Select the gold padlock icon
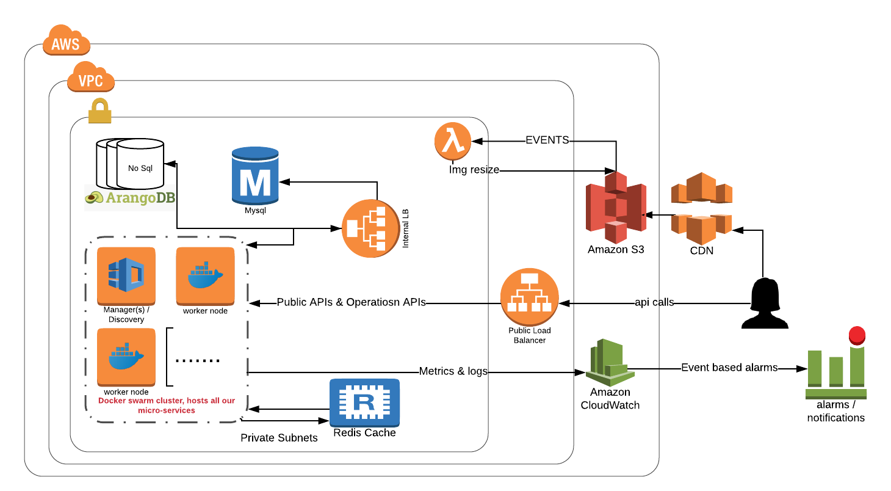(100, 111)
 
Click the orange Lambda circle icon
(453, 141)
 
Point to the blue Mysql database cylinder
(255, 175)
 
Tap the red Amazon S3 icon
(616, 208)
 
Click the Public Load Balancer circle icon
(530, 297)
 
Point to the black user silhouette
(763, 304)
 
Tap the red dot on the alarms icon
(857, 335)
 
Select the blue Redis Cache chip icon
(364, 402)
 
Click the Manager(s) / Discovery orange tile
(126, 275)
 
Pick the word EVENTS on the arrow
(547, 140)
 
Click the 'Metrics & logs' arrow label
(453, 371)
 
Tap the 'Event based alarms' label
(729, 368)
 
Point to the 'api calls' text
(654, 302)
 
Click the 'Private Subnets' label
(279, 438)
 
